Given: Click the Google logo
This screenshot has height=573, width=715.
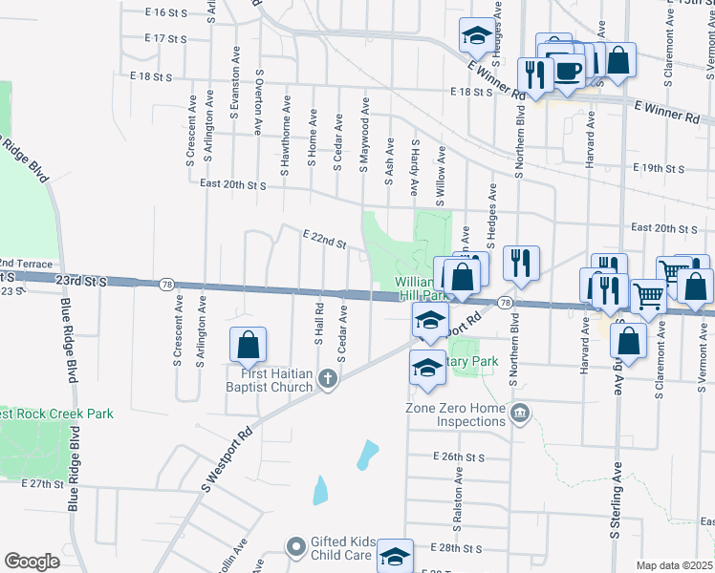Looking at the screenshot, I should [32, 562].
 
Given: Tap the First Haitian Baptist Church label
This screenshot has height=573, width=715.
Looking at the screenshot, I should [270, 380].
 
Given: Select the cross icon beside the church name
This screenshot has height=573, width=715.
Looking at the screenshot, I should [328, 380].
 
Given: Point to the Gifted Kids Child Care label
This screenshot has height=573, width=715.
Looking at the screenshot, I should [341, 548].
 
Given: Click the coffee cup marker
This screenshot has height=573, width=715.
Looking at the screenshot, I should [569, 72].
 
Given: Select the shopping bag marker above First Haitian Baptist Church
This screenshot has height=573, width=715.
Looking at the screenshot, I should [248, 346].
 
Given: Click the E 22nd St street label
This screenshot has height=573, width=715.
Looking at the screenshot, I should [323, 238].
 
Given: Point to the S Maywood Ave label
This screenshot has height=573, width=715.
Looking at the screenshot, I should [364, 133].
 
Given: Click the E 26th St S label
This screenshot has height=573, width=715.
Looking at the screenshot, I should [460, 456].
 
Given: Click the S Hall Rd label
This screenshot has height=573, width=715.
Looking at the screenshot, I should [319, 328].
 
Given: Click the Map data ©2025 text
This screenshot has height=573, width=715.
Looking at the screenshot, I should [675, 565].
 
